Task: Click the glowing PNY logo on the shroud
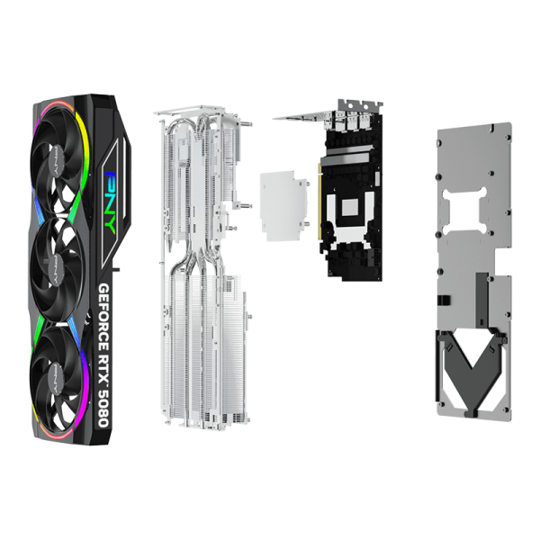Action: pos(112,200)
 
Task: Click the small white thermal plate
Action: pos(283,206)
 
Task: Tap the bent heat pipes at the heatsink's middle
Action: pos(196,262)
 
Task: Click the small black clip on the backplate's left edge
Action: pos(443,300)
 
